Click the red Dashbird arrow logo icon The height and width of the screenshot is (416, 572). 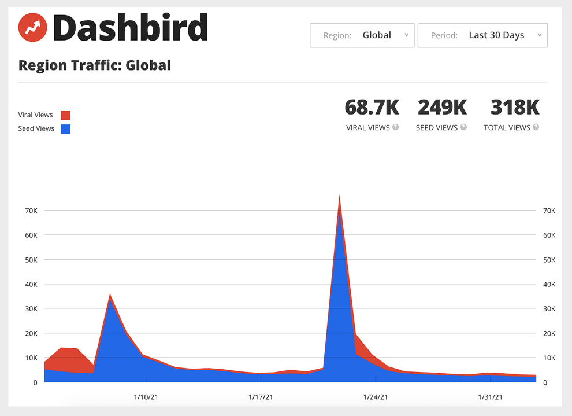point(33,27)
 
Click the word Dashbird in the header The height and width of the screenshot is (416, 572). point(130,28)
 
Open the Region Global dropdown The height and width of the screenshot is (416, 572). point(362,35)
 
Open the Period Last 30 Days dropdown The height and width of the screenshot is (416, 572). point(482,35)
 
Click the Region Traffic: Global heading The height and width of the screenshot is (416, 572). point(95,65)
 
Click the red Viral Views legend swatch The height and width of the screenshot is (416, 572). point(65,115)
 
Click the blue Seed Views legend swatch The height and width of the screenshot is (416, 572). point(65,128)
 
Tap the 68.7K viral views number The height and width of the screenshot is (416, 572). point(372,108)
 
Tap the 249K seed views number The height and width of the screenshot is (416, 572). point(442,108)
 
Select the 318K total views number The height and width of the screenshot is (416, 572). point(515,108)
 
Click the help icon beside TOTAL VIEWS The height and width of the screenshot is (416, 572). point(536,127)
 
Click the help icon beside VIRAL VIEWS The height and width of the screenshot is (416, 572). point(396,127)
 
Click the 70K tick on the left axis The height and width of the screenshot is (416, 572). point(31,211)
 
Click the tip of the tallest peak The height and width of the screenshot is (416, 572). point(339,197)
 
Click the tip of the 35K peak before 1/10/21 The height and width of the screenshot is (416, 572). point(110,294)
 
